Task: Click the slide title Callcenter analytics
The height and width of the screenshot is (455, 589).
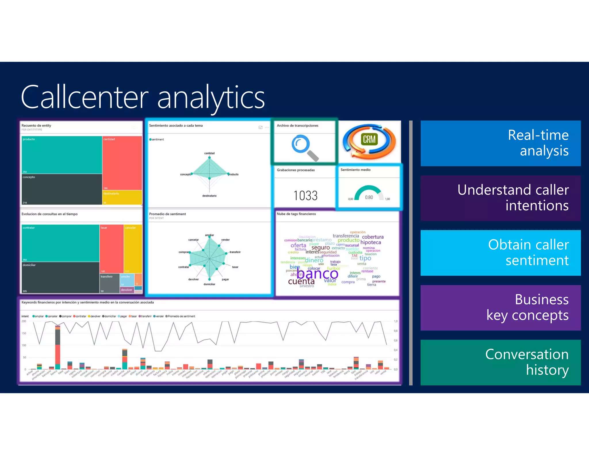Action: click(143, 97)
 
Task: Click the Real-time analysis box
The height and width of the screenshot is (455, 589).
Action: click(500, 143)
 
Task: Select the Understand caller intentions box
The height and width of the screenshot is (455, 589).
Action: click(500, 198)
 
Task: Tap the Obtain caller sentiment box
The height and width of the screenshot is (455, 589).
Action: click(500, 253)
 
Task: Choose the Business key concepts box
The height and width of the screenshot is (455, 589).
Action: click(500, 307)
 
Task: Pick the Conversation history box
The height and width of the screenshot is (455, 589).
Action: click(500, 362)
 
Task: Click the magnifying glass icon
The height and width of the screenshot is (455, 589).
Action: click(304, 148)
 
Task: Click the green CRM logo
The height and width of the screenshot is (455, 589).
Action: click(369, 139)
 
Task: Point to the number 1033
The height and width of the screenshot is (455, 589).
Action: click(305, 196)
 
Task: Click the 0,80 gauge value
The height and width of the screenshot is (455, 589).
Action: click(369, 197)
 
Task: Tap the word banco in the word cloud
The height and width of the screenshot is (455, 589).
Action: click(317, 274)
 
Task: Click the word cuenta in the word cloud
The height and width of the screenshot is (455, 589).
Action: click(301, 281)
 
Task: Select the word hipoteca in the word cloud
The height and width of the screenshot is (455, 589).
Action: click(370, 242)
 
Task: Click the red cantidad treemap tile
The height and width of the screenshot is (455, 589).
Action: click(122, 162)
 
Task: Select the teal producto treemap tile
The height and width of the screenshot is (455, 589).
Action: click(62, 155)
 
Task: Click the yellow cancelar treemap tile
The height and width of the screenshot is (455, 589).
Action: click(133, 249)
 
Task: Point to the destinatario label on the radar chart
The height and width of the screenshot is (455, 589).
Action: click(209, 196)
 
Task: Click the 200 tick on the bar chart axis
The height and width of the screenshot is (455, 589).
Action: click(24, 321)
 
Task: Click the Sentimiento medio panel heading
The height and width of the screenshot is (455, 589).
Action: click(355, 170)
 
